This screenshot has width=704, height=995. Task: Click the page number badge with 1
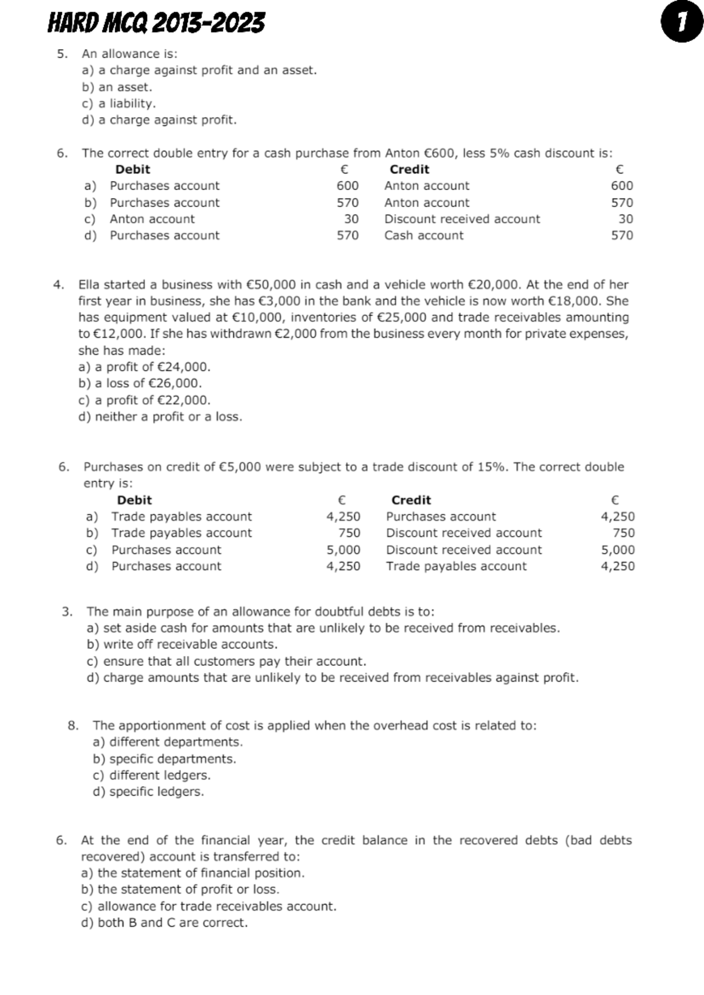pos(681,23)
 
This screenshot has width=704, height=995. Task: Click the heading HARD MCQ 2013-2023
pos(156,23)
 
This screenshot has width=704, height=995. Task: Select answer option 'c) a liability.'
pos(119,104)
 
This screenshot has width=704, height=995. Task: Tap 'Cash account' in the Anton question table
pos(424,236)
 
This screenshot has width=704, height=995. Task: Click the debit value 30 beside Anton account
pos(351,219)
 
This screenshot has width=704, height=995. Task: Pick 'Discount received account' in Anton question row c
pos(462,219)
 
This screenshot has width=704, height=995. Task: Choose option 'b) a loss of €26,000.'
pos(140,384)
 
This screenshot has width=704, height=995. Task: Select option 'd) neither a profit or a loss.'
pos(160,417)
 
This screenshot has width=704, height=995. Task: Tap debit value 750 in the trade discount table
pos(349,533)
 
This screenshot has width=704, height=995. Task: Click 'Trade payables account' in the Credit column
pos(456,567)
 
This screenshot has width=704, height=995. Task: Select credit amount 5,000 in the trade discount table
pos(618,550)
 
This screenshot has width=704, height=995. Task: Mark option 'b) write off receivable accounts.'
pos(182,645)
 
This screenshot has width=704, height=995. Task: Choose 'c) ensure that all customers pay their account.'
pos(226,662)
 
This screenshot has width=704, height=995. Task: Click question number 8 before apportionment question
pos(73,726)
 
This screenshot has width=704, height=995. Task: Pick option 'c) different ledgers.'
pos(151,776)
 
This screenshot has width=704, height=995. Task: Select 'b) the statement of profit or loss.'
pos(180,889)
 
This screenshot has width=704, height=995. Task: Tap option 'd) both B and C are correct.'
pos(164,923)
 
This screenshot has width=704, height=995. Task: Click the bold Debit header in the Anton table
pos(133,170)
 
